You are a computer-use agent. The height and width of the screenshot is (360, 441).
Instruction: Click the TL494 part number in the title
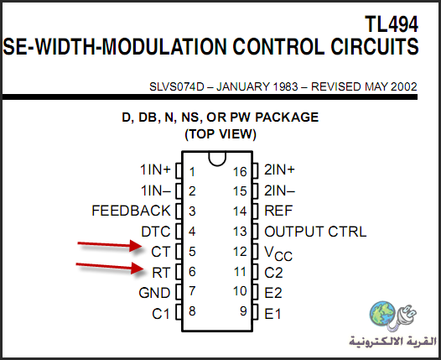tap(392, 24)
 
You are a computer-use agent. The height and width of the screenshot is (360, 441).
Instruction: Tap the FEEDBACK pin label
tap(131, 211)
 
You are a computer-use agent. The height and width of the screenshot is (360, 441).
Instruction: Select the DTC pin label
tap(156, 232)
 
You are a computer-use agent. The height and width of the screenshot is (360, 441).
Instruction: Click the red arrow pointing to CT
tap(110, 245)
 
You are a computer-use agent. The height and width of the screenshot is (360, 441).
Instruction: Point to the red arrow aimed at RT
tap(110, 268)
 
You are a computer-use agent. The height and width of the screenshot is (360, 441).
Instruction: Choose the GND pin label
tap(155, 293)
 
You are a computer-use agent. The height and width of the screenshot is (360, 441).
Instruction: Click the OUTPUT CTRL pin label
tap(315, 232)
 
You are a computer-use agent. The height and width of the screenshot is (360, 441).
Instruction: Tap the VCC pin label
tap(278, 253)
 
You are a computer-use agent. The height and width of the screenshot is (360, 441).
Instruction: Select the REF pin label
tap(278, 211)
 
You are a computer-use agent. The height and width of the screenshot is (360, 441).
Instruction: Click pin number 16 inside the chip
tap(240, 172)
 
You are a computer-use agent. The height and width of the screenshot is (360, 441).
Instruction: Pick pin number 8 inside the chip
tap(192, 311)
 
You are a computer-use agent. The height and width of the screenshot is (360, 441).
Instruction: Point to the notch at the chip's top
tap(217, 159)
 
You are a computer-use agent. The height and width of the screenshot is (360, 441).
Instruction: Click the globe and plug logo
tap(393, 316)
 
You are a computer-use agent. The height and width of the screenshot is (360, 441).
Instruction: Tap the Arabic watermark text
tap(392, 342)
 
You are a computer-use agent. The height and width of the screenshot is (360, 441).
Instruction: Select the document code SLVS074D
tap(177, 86)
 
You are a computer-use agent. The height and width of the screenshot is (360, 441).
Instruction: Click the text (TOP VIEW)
tap(220, 134)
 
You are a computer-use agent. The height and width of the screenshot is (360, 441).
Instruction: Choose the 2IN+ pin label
tap(279, 170)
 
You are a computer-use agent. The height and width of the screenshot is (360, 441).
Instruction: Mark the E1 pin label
tap(272, 314)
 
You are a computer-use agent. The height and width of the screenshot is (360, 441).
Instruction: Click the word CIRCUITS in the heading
tap(375, 46)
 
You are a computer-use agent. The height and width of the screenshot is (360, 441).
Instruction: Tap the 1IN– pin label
tap(156, 190)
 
